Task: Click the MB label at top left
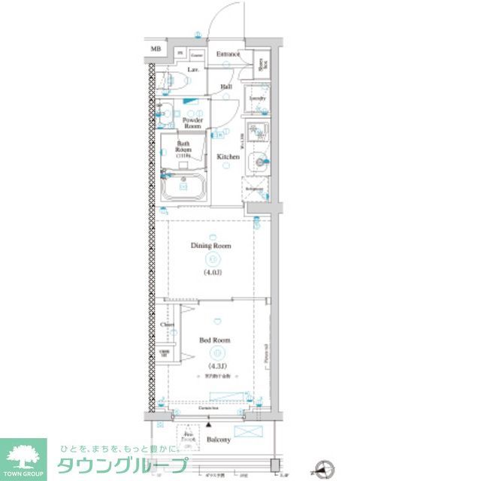(x=156, y=50)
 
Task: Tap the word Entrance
(x=228, y=54)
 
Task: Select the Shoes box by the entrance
(x=262, y=68)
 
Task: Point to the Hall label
(x=226, y=87)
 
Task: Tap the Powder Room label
(x=193, y=123)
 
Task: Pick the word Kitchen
(x=228, y=156)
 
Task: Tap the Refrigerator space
(x=255, y=189)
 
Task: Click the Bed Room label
(x=215, y=340)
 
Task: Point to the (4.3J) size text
(x=215, y=366)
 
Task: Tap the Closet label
(x=167, y=325)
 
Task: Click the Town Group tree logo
(x=23, y=455)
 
